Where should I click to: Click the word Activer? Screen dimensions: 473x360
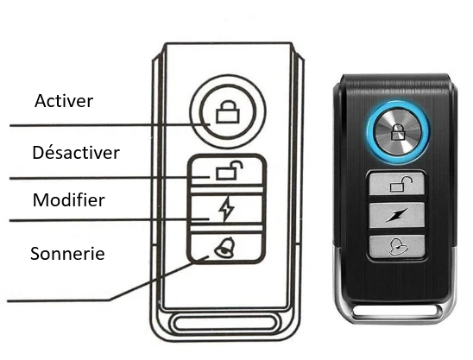[64, 100]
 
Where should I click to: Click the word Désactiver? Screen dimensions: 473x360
[76, 152]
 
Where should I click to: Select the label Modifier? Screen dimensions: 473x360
[69, 199]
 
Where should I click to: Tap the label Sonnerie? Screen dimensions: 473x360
[67, 253]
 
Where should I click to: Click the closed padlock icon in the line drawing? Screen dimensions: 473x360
[228, 111]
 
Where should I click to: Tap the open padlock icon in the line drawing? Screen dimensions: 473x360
[230, 170]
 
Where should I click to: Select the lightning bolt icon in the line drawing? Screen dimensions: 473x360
[226, 209]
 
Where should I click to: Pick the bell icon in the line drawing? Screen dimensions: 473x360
[224, 247]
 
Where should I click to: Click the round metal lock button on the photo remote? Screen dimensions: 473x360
[398, 132]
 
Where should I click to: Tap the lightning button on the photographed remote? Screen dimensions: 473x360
[397, 215]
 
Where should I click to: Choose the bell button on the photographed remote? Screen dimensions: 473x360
[397, 247]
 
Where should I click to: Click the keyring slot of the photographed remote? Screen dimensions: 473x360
[397, 312]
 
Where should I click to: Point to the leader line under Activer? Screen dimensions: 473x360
[110, 124]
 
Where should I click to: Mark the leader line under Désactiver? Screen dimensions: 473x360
[110, 178]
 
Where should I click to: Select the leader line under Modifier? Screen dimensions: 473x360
[110, 220]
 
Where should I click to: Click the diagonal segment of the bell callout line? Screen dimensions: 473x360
[159, 278]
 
